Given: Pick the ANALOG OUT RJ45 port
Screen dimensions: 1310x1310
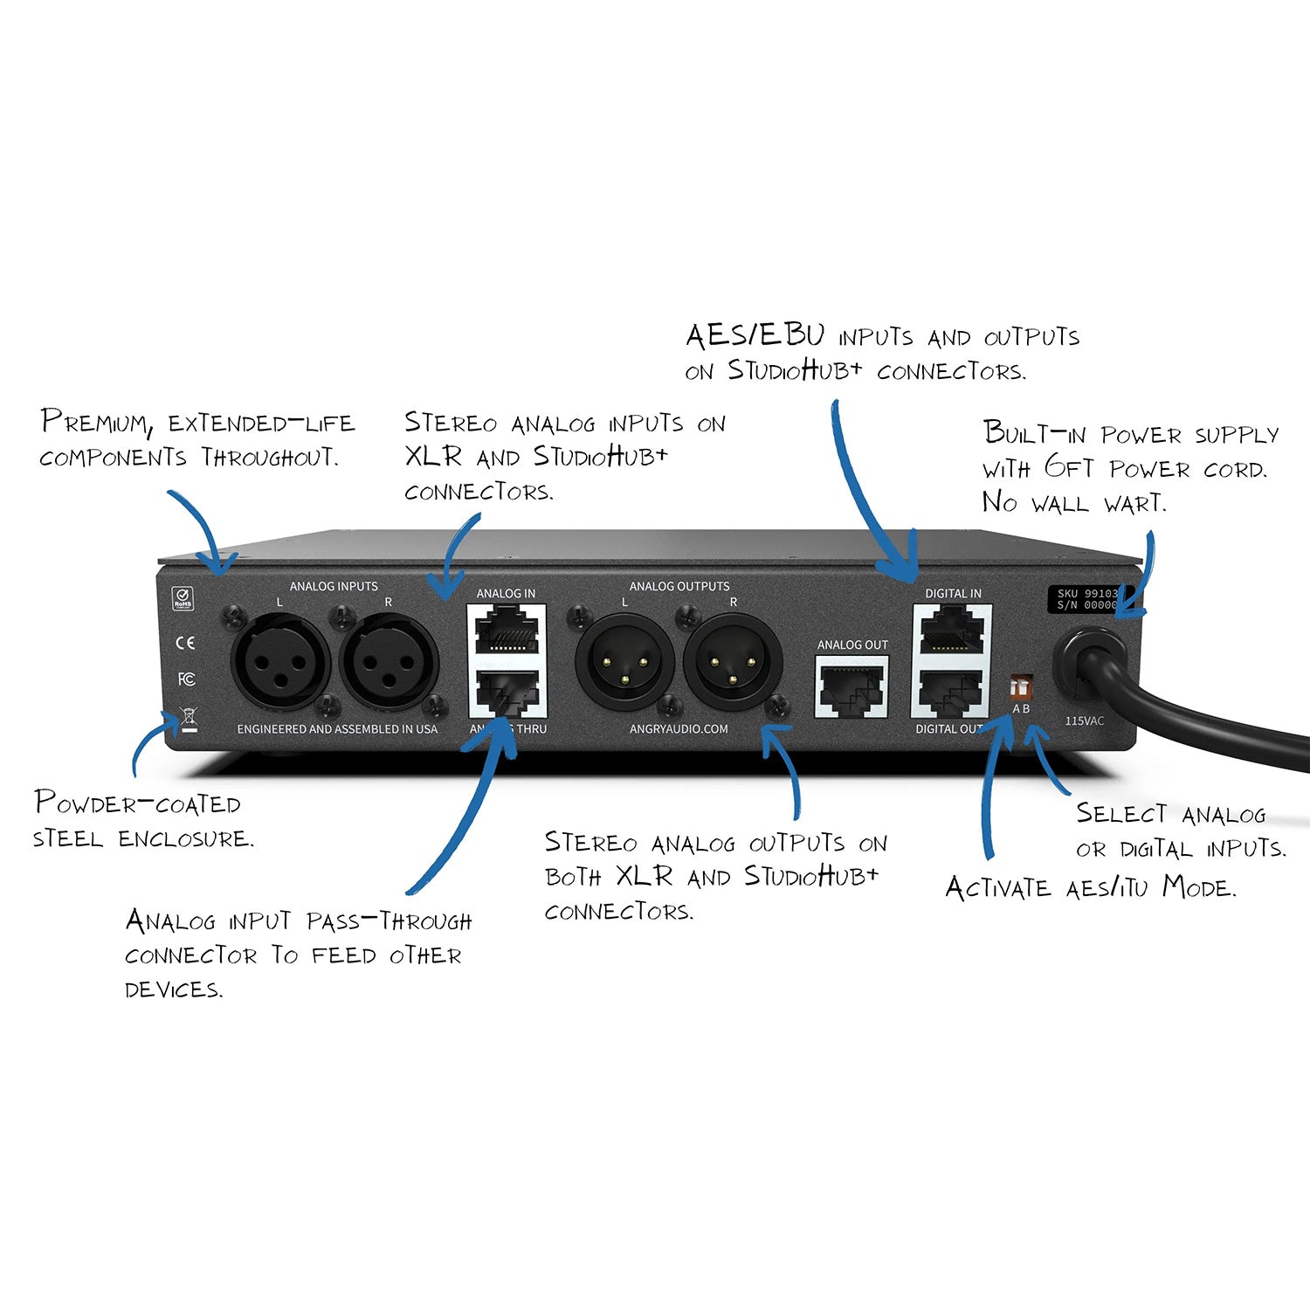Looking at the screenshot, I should tap(851, 686).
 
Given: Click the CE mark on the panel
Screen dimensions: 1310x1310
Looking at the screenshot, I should tap(185, 643).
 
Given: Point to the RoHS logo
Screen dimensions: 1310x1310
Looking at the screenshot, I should tap(183, 598).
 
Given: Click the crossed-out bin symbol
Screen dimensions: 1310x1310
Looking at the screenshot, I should tap(188, 720).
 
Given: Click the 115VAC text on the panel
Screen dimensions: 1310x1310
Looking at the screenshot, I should tap(1084, 721).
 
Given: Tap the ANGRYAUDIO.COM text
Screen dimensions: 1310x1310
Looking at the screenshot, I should tap(679, 729).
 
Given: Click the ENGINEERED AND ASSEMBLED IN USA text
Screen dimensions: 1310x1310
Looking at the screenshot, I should tap(337, 729).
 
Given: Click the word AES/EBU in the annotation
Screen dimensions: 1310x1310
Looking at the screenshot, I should tap(755, 336).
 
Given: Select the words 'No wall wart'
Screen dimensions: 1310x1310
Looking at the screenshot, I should tap(1073, 503).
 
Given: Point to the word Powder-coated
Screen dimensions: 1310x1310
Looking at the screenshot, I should tap(137, 803).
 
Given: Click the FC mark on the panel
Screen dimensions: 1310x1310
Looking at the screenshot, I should tap(186, 679).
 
